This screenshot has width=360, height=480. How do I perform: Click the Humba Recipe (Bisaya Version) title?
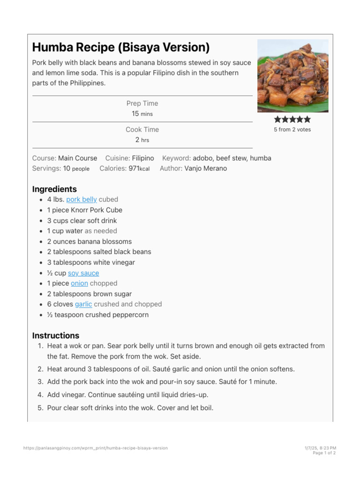pyautogui.click(x=120, y=47)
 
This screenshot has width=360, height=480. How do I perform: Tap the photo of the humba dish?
pyautogui.click(x=293, y=76)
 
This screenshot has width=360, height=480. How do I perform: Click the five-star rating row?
pyautogui.click(x=292, y=120)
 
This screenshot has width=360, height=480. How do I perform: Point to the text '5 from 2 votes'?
pyautogui.click(x=292, y=129)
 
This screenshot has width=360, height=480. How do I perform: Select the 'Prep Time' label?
pyautogui.click(x=142, y=103)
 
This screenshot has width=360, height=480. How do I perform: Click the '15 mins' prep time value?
pyautogui.click(x=142, y=114)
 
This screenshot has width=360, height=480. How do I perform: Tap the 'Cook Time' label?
pyautogui.click(x=142, y=129)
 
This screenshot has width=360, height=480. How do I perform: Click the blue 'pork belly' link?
pyautogui.click(x=82, y=199)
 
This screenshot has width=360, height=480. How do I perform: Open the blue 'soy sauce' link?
pyautogui.click(x=83, y=273)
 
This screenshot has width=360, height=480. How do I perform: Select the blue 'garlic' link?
pyautogui.click(x=83, y=304)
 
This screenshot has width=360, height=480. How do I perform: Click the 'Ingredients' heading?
pyautogui.click(x=54, y=189)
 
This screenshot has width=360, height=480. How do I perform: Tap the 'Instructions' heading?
pyautogui.click(x=56, y=336)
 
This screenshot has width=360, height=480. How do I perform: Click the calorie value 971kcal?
pyautogui.click(x=139, y=168)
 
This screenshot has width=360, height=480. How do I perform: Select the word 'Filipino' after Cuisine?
pyautogui.click(x=143, y=158)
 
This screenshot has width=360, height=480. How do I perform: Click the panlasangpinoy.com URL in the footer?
pyautogui.click(x=95, y=448)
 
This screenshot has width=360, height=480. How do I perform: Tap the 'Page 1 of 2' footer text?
pyautogui.click(x=324, y=453)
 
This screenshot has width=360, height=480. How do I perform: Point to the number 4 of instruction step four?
pyautogui.click(x=40, y=395)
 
